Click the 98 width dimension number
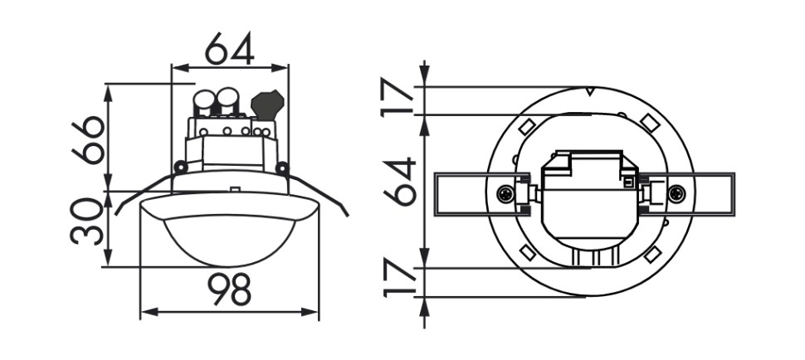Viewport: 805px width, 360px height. tap(229, 290)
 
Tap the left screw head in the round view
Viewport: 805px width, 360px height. tap(505, 194)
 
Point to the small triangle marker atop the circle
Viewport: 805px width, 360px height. tap(588, 90)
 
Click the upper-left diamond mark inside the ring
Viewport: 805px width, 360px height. tap(525, 127)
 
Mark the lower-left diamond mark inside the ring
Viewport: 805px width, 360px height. tap(525, 251)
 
